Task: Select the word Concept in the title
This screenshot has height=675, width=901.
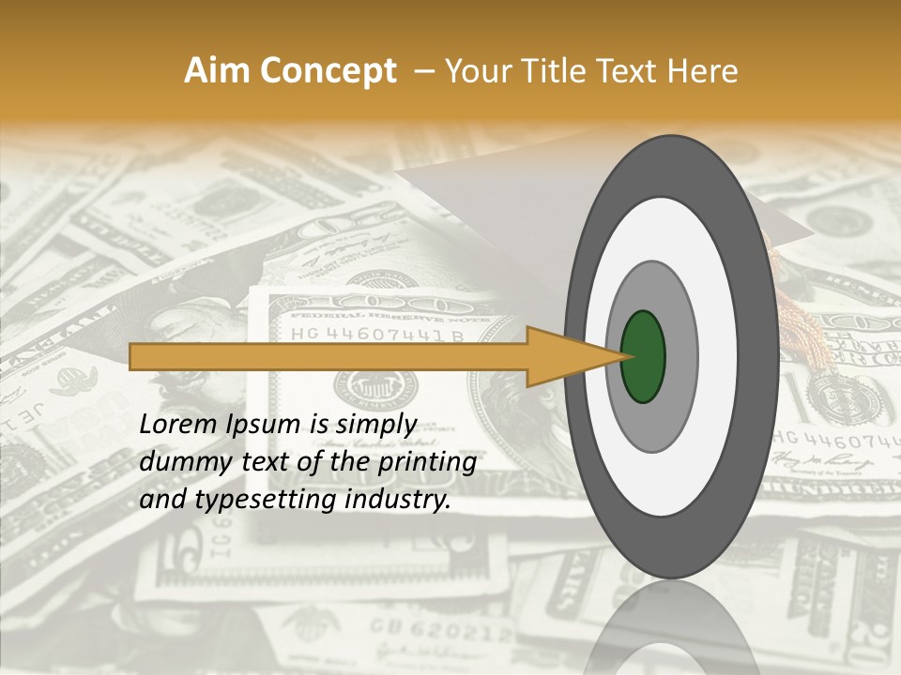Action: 327,72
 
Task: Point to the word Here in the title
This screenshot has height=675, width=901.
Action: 703,71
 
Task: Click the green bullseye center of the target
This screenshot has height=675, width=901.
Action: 643,356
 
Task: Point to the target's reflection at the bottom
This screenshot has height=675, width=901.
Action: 670,628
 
